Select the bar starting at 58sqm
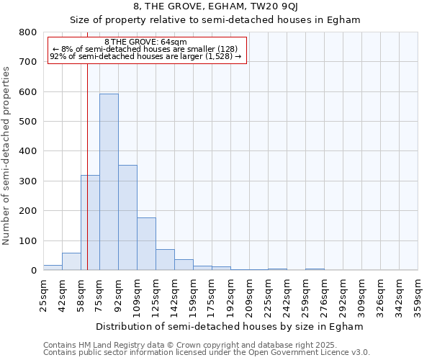tap(90, 222)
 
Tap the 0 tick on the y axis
tap(33, 271)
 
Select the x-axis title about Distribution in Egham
tap(229, 326)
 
